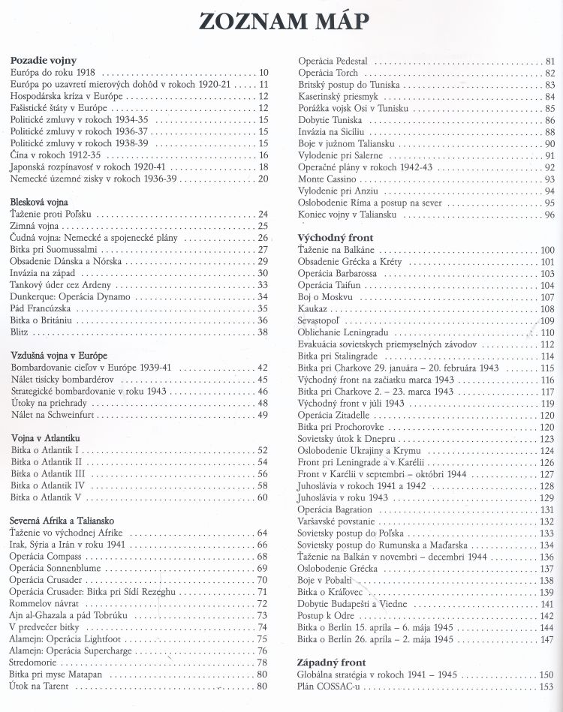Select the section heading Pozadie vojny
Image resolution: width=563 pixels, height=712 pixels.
coord(44,60)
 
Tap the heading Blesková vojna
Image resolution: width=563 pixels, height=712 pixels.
coord(39,202)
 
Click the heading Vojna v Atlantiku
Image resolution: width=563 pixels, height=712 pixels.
coord(47,437)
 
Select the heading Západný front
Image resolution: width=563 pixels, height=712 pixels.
coord(332,663)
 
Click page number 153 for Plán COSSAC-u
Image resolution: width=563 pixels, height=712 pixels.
coord(546,686)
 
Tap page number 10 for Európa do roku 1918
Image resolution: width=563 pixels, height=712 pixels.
coord(263,73)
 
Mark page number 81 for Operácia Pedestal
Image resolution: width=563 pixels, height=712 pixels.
coord(549,61)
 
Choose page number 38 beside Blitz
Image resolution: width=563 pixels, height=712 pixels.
coord(263,332)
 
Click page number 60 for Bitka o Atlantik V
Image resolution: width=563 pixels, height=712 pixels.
coord(263,497)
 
